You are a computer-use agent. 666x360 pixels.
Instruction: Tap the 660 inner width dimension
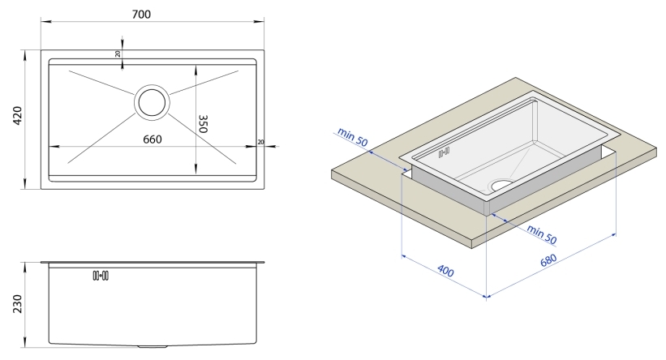point(153,139)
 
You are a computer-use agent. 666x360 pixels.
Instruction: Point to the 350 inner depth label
point(204,125)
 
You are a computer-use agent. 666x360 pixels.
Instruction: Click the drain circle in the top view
point(152,102)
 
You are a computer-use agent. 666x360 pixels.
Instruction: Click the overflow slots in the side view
point(101,276)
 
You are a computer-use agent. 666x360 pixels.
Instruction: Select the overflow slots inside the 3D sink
point(443,152)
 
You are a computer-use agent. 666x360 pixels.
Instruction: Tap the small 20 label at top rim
point(118,54)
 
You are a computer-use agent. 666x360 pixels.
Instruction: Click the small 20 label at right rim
point(260,142)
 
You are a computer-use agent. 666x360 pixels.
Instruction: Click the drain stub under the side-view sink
point(153,346)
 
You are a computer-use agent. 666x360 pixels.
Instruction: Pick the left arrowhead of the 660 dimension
point(54,147)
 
